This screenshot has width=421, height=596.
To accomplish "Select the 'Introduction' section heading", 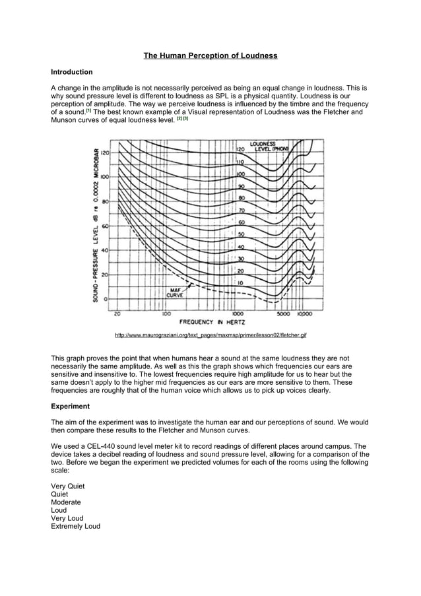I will pos(72,71).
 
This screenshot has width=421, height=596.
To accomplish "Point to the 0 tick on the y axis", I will pos(106,299).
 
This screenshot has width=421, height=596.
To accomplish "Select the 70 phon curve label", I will pos(242,210).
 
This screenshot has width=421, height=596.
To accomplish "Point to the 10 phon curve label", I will pos(242,282).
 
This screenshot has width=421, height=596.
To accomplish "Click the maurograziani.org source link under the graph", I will pos(210,336).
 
